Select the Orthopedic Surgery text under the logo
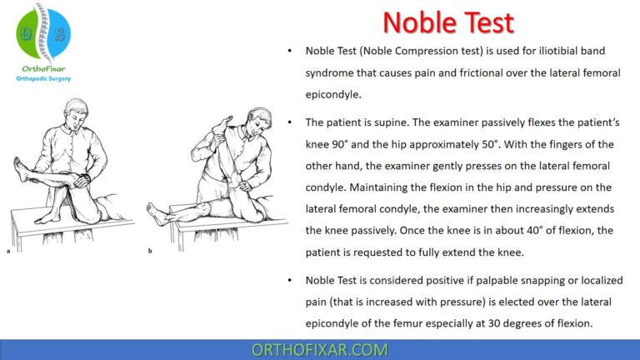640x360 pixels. click(44, 77)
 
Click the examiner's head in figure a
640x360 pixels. click(74, 111)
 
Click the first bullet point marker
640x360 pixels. click(288, 51)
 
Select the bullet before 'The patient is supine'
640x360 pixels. click(288, 122)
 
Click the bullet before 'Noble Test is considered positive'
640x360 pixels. click(288, 281)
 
